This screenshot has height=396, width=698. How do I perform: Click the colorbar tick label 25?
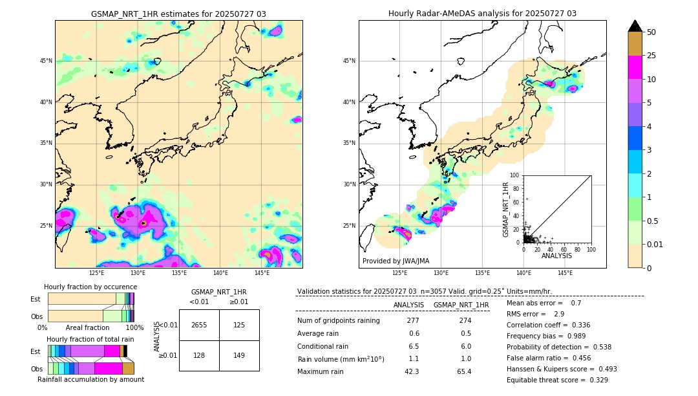[x=651, y=56]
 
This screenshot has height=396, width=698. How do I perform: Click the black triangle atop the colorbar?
[x=635, y=26]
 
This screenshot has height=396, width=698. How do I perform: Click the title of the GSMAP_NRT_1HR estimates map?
[x=178, y=14]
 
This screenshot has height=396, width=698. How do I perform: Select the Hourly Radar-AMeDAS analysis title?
[x=482, y=14]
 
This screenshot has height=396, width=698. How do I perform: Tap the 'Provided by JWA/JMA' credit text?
[x=396, y=261]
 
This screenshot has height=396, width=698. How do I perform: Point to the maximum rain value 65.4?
[x=464, y=371]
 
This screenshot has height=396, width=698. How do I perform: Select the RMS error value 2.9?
[x=558, y=314]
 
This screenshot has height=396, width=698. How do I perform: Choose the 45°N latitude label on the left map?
[x=46, y=61]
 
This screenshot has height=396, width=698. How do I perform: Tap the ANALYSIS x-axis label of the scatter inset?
[x=556, y=256]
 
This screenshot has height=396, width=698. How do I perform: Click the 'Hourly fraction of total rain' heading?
[x=90, y=339]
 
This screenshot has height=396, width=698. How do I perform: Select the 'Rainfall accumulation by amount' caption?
[x=90, y=379]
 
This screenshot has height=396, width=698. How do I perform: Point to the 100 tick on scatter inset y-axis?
[x=515, y=175]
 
